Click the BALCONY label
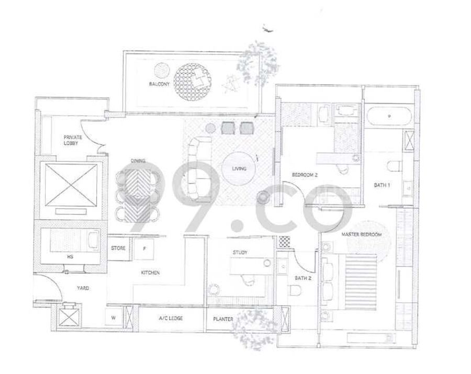pos(159,84)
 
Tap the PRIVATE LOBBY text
pos(73,140)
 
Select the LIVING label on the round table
pos(239,168)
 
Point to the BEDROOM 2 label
pos(305,175)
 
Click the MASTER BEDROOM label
pos(362,234)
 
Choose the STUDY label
pos(240,253)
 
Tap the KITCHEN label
pos(150,273)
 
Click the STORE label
pos(118,248)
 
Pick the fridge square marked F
pos(144,249)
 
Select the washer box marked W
pos(114,318)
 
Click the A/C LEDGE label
pos(171,318)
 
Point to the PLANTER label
pos(223,319)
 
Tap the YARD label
pos(83,288)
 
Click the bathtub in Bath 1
pos(389,116)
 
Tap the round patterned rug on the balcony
pos(192,83)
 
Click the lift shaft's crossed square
pos(71,185)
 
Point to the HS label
pos(70,257)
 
